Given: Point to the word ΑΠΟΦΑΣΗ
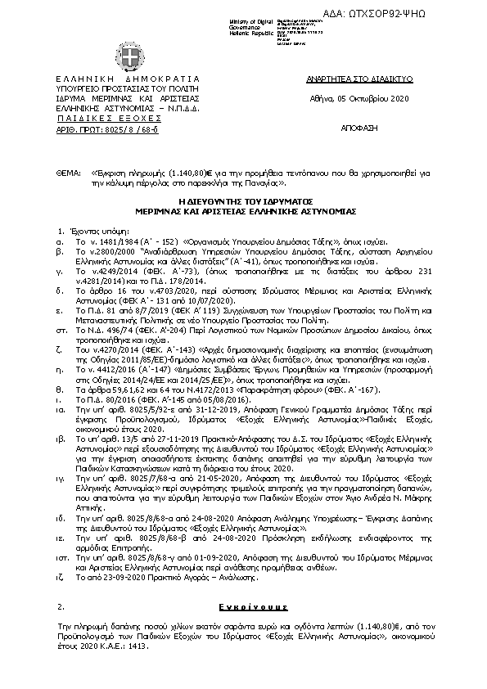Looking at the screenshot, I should click(x=356, y=129).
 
